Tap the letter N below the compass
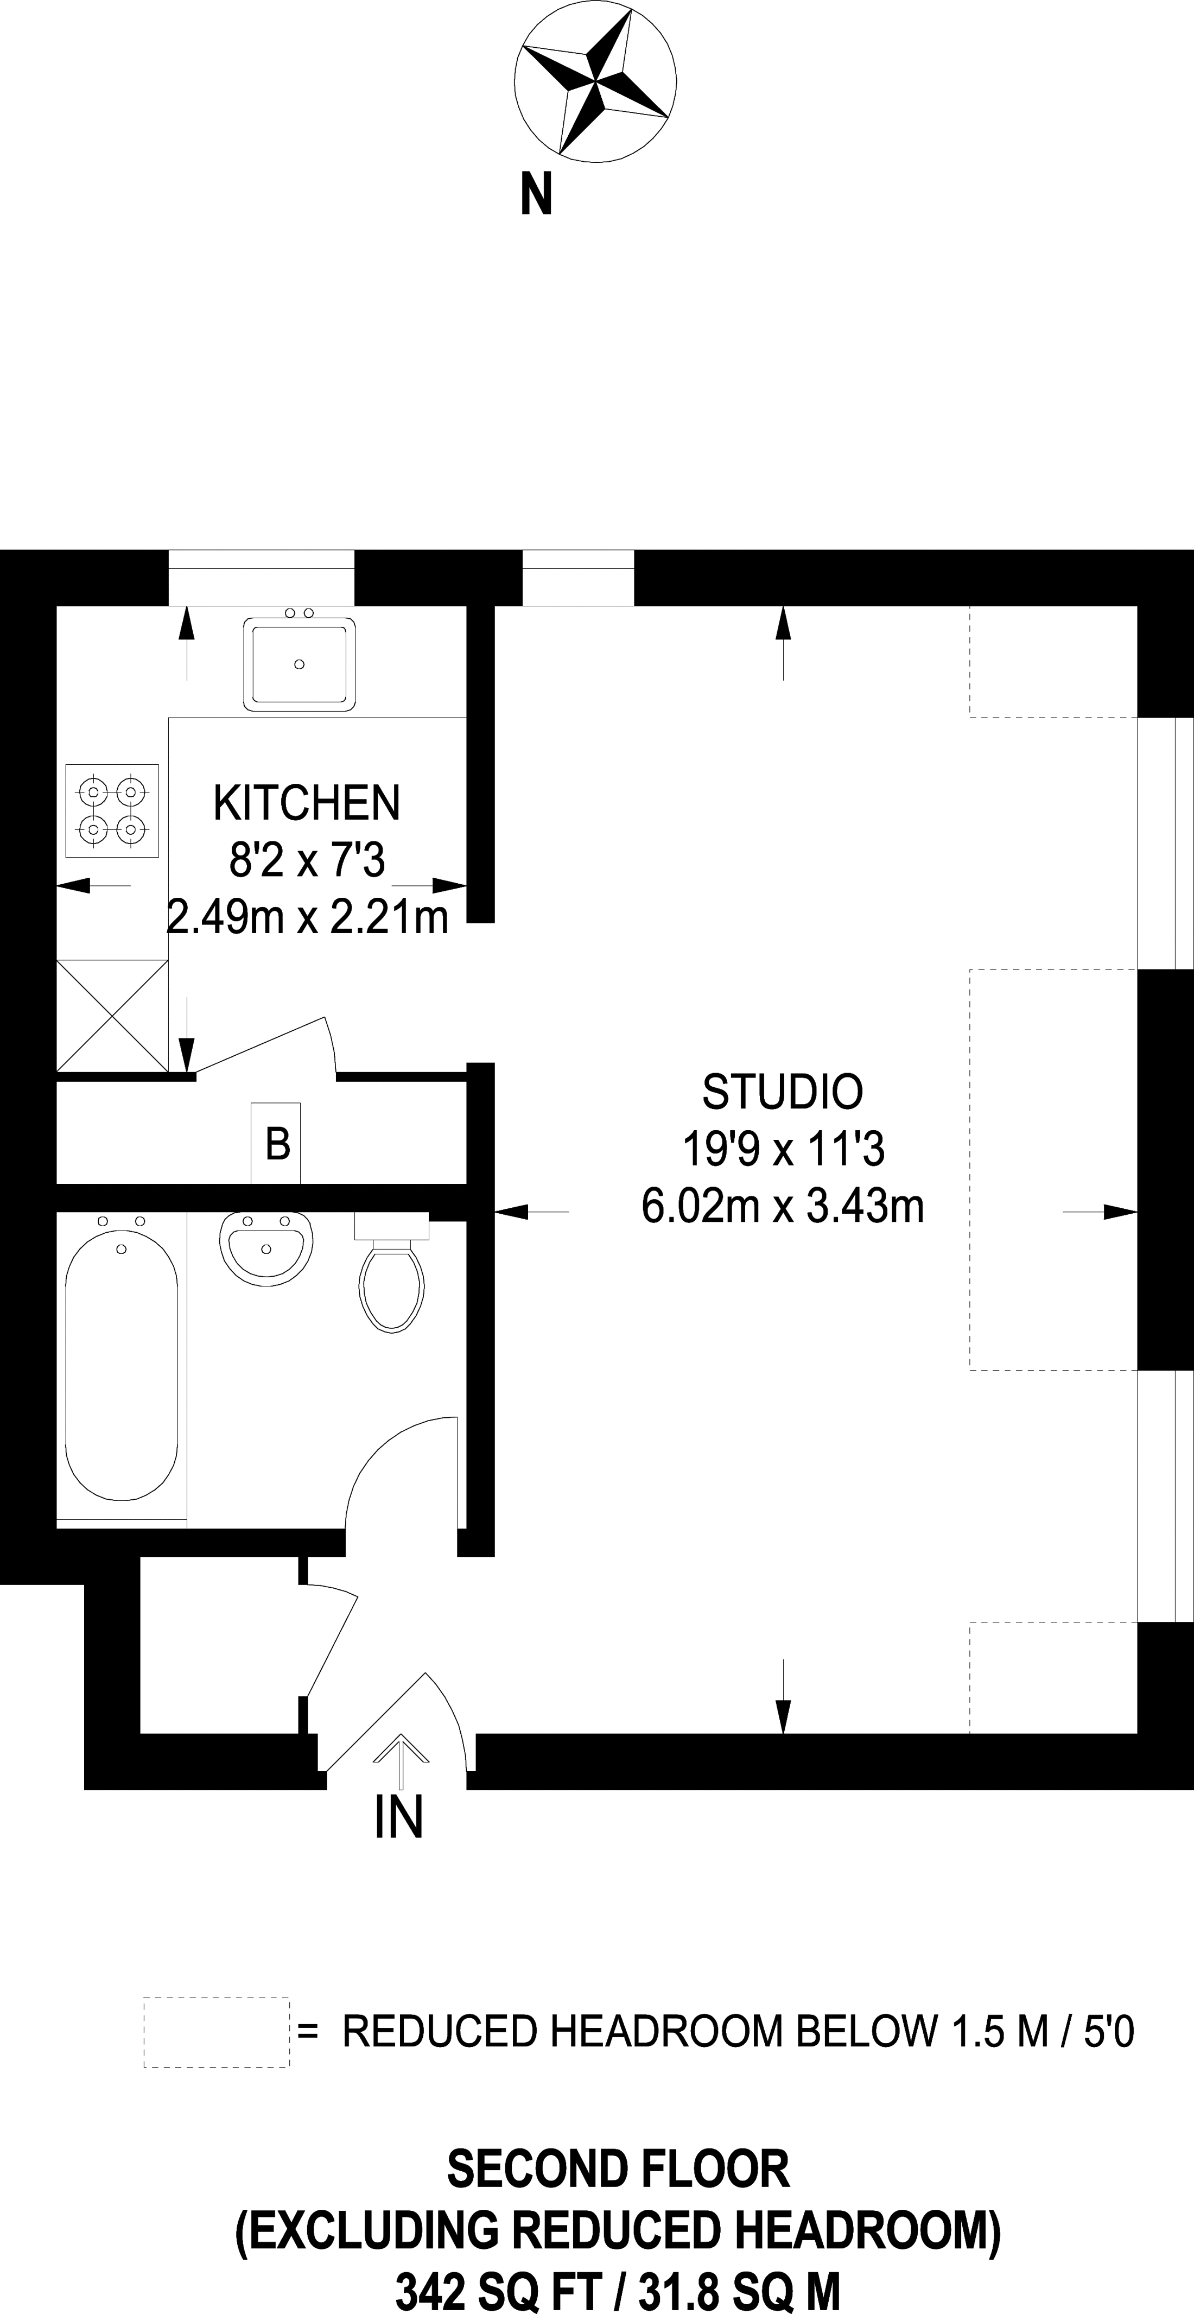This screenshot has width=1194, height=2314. tap(536, 194)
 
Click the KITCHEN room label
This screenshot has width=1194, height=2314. tap(306, 802)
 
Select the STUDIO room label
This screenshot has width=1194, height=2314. tap(783, 1092)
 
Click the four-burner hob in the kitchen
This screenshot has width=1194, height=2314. tap(112, 810)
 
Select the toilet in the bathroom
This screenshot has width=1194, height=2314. tap(392, 1272)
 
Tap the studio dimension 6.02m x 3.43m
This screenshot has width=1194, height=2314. tap(783, 1206)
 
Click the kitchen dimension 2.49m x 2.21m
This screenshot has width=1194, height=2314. tap(307, 917)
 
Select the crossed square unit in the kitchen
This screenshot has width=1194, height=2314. tap(112, 1015)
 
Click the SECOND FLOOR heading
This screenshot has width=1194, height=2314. tap(618, 2170)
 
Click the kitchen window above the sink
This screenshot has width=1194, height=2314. tap(262, 578)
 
